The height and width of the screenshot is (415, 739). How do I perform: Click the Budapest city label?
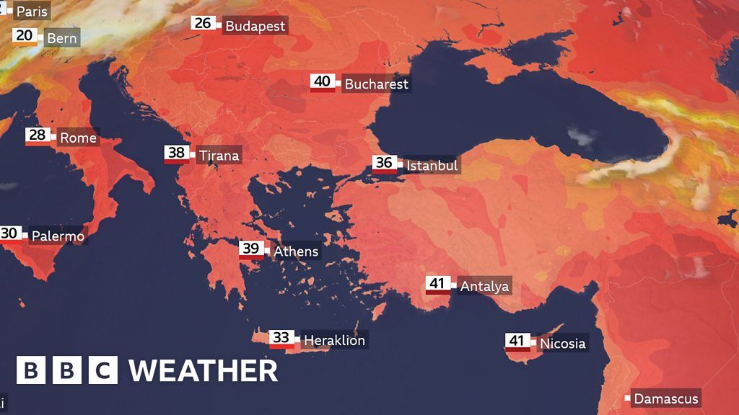pyautogui.click(x=255, y=27)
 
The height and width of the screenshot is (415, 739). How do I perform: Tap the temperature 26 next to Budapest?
pyautogui.click(x=203, y=24)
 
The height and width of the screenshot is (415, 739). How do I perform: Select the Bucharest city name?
pyautogui.click(x=376, y=84)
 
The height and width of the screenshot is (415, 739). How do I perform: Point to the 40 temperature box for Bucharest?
pyautogui.click(x=323, y=81)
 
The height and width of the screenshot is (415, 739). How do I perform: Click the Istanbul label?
pyautogui.click(x=432, y=166)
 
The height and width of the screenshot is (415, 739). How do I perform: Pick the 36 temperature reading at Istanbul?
pyautogui.click(x=384, y=164)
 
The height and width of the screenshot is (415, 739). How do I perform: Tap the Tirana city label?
pyautogui.click(x=219, y=156)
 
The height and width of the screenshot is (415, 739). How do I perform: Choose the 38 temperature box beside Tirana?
pyautogui.click(x=176, y=153)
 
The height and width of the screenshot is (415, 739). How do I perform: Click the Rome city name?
pyautogui.click(x=78, y=138)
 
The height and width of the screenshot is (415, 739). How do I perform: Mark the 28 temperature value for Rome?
pyautogui.click(x=37, y=135)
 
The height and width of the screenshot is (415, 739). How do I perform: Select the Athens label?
pyautogui.click(x=296, y=251)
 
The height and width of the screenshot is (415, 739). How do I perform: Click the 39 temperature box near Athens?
pyautogui.click(x=251, y=249)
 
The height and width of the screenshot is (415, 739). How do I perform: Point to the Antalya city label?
pyautogui.click(x=484, y=287)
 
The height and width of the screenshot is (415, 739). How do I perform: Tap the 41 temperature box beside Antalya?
pyautogui.click(x=437, y=284)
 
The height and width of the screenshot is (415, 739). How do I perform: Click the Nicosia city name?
pyautogui.click(x=562, y=344)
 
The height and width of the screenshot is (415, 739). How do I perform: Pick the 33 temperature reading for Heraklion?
pyautogui.click(x=281, y=337)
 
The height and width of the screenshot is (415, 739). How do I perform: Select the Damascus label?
pyautogui.click(x=666, y=398)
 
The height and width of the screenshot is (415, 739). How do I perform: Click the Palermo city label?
pyautogui.click(x=57, y=236)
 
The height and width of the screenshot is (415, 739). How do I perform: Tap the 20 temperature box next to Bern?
pyautogui.click(x=25, y=36)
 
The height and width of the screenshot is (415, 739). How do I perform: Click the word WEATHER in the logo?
pyautogui.click(x=203, y=371)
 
